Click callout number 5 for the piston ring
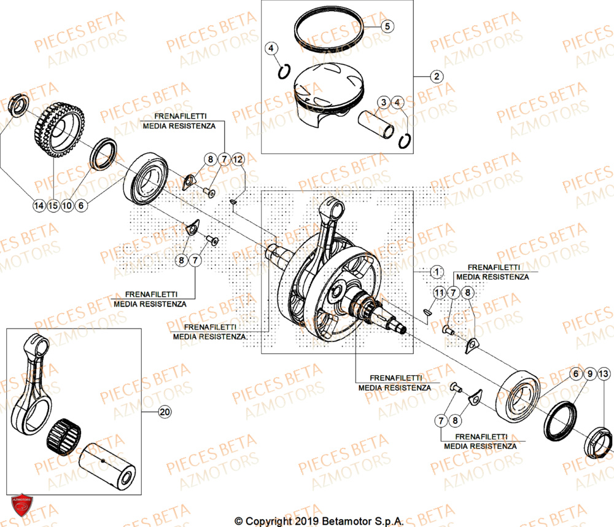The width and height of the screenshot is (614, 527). [x=388, y=26]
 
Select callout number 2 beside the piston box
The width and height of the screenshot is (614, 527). [x=435, y=77]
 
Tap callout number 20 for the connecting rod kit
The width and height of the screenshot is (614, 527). [x=163, y=412]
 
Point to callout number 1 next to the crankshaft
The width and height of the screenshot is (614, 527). [x=435, y=271]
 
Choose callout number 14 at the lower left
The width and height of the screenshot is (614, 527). [x=39, y=206]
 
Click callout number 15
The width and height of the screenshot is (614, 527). [x=53, y=206]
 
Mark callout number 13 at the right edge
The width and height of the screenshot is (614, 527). [x=603, y=373]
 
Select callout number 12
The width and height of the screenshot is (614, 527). [x=238, y=160]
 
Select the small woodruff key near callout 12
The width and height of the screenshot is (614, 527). [x=235, y=201]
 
